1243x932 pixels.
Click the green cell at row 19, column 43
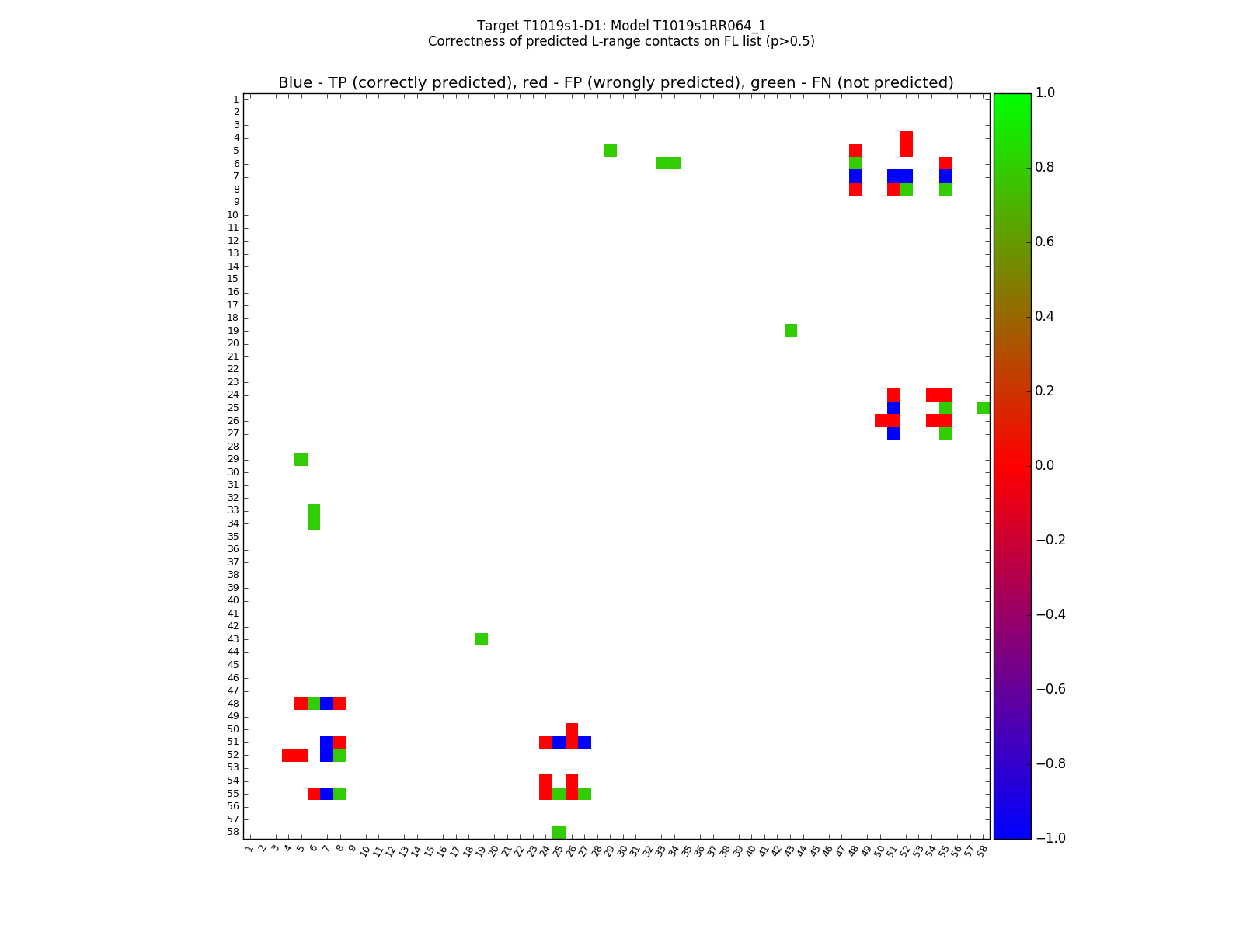click(791, 331)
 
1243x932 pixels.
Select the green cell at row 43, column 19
click(482, 639)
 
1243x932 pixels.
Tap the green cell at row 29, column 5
click(301, 459)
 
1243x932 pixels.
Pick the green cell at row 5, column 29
click(610, 150)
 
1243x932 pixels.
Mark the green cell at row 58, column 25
click(559, 832)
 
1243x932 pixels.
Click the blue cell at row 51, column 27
click(584, 742)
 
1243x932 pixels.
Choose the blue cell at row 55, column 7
click(326, 794)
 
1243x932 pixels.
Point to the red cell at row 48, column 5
click(301, 704)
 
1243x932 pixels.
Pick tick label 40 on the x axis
click(750, 850)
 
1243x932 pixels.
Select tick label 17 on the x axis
click(454, 850)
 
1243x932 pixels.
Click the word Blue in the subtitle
click(295, 83)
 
